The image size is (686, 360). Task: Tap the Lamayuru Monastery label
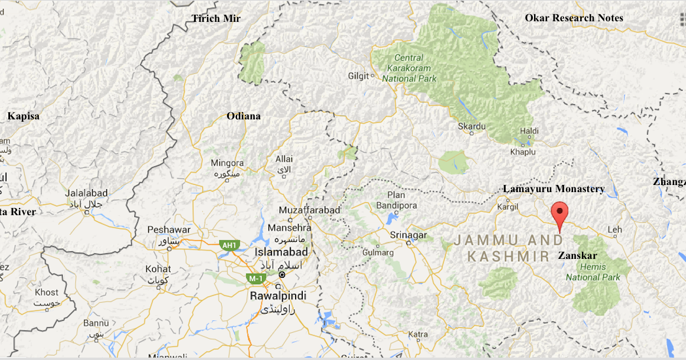coord(554,189)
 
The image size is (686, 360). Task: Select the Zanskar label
coord(577,256)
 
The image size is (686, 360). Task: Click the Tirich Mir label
coord(216,19)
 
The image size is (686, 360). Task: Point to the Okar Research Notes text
coord(574,18)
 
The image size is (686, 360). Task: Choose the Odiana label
coord(244,116)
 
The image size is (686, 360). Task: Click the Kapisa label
coord(24,116)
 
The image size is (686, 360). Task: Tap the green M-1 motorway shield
coord(256,278)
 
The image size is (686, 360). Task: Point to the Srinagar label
coord(408,235)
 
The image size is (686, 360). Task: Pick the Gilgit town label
coord(358,76)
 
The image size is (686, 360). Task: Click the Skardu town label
coord(472,127)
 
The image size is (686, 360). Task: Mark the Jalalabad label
coord(86,193)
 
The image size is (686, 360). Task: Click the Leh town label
coord(615,229)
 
